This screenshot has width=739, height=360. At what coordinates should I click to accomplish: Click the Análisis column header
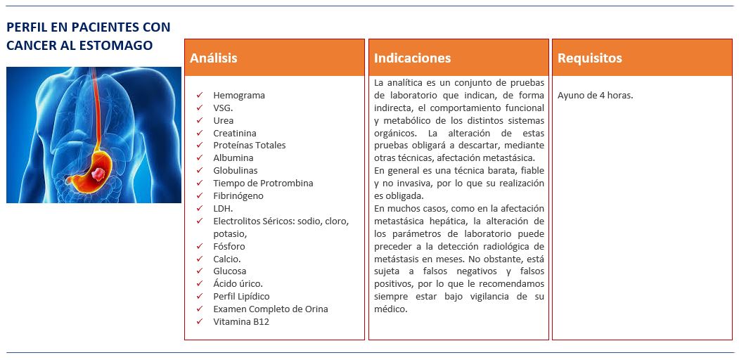click(214, 58)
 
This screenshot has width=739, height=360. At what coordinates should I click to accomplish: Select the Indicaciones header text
click(412, 58)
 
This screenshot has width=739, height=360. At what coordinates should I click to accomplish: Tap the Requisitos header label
click(589, 58)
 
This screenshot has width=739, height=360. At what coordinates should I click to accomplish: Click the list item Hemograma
click(239, 95)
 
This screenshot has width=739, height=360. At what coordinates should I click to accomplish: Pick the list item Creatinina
click(235, 133)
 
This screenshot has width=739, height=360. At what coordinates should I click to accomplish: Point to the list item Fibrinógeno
click(238, 195)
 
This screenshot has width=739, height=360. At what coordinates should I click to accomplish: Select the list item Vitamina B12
click(241, 321)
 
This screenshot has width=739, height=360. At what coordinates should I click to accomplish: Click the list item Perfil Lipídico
click(241, 296)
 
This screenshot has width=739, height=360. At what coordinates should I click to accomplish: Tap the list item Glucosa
click(230, 271)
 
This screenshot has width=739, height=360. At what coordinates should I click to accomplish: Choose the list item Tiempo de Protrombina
click(263, 183)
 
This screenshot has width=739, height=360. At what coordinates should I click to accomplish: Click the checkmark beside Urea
click(200, 120)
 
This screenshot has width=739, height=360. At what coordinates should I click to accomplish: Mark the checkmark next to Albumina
click(200, 158)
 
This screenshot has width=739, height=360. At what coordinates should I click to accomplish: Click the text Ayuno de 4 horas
click(595, 96)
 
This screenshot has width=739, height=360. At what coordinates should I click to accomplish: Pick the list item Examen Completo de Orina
click(271, 309)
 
